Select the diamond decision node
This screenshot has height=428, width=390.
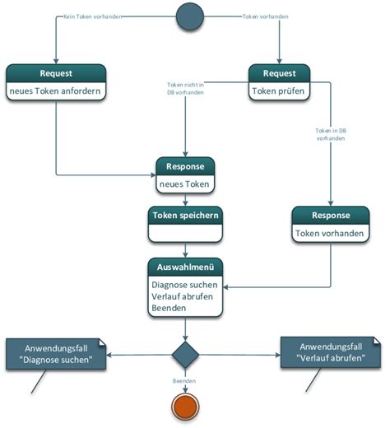click(186, 356)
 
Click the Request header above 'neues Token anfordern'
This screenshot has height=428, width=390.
click(57, 72)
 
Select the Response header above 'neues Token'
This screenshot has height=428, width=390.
click(185, 166)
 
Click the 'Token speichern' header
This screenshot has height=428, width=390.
click(185, 216)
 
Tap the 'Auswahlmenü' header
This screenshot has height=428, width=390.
click(185, 267)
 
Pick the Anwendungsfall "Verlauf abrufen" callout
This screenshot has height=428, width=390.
click(331, 352)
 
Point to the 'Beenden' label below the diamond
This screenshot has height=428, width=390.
click(184, 383)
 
